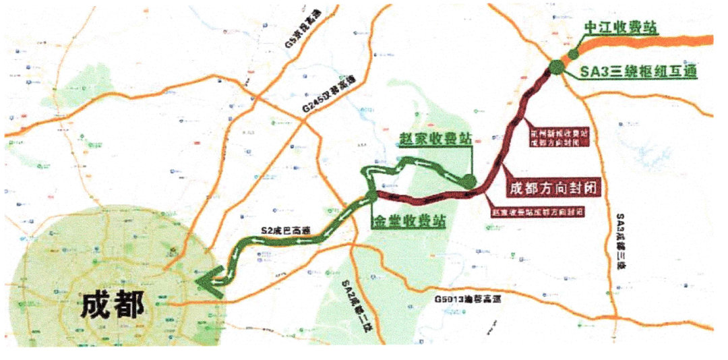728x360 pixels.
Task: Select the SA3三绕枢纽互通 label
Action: click(x=638, y=71)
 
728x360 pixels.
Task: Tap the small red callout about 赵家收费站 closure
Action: click(x=537, y=211)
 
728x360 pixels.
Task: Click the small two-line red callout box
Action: click(x=559, y=138)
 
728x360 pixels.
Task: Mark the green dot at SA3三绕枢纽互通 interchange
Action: click(x=556, y=66)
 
